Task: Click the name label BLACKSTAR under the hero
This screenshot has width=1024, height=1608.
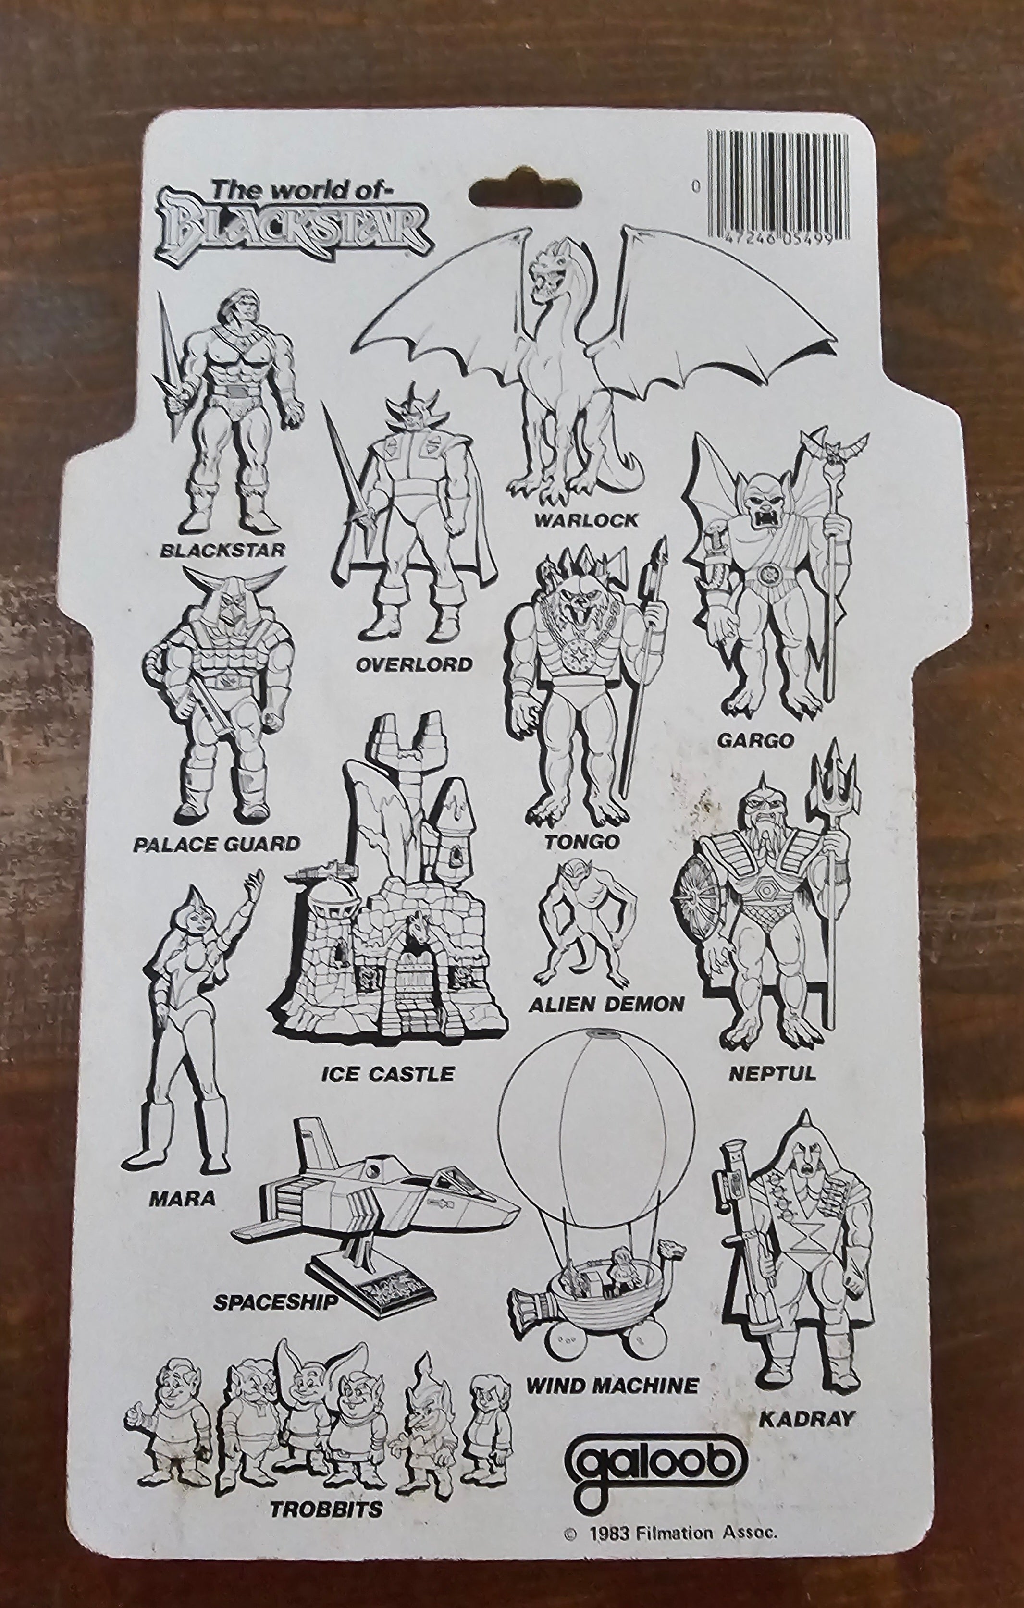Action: [x=222, y=550]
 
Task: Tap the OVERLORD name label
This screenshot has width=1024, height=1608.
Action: [x=414, y=664]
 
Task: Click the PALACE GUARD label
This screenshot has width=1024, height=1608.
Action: [x=216, y=844]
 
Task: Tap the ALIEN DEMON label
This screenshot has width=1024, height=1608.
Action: [x=606, y=1004]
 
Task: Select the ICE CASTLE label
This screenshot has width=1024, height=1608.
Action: [x=387, y=1073]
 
